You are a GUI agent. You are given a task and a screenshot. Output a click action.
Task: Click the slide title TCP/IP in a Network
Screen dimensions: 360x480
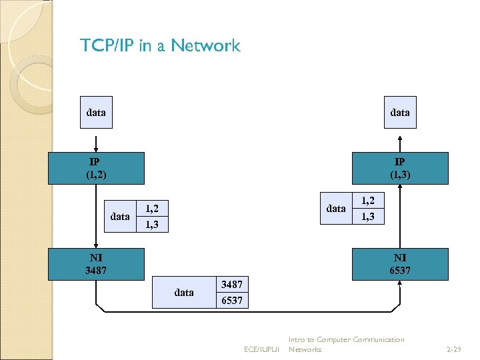160,46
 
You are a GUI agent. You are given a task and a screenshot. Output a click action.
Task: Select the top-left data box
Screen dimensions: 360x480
96,113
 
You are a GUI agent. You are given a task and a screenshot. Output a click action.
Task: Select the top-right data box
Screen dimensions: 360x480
400,113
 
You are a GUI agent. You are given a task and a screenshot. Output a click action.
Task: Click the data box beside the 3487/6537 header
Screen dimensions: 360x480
183,292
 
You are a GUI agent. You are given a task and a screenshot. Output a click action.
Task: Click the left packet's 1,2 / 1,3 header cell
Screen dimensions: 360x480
152,217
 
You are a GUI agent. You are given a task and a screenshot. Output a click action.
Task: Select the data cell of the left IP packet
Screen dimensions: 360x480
120,217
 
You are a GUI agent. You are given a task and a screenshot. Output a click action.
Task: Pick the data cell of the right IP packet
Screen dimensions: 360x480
336,209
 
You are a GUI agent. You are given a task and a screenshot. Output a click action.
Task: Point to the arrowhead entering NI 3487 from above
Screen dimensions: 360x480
96,245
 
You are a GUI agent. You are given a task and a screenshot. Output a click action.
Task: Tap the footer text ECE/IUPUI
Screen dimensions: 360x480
261,349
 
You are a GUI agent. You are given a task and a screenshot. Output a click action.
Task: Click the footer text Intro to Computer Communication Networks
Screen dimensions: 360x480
345,345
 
